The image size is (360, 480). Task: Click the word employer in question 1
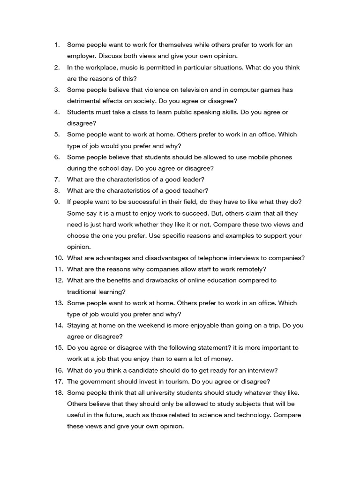click(82, 56)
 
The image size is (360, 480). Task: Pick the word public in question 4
click(173, 112)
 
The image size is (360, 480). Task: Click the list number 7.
click(57, 180)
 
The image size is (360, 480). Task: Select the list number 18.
click(59, 393)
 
